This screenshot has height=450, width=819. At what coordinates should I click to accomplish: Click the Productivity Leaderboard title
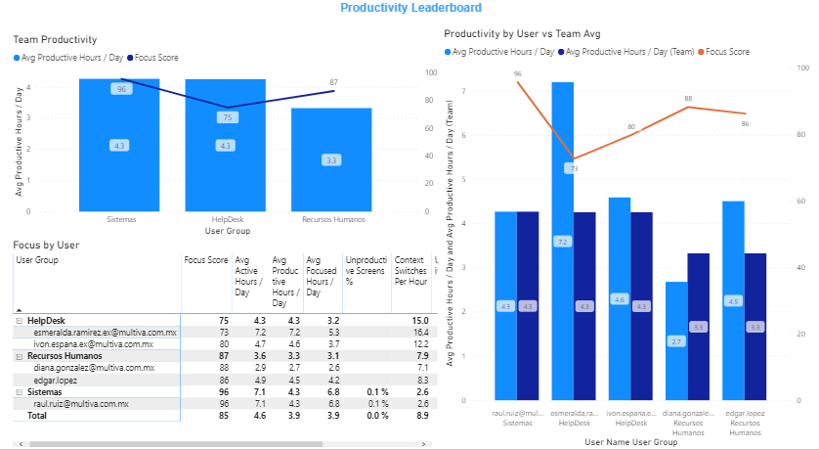(410, 8)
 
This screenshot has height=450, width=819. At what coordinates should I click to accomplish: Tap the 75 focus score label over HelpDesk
(227, 117)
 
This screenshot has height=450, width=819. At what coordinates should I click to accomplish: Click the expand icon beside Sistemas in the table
(19, 391)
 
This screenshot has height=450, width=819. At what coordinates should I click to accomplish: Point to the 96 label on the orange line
(518, 73)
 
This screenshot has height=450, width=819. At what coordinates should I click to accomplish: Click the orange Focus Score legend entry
(726, 51)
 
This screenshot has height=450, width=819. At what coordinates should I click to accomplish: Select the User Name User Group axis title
(629, 443)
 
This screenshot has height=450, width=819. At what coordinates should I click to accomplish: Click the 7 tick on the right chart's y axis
(463, 91)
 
